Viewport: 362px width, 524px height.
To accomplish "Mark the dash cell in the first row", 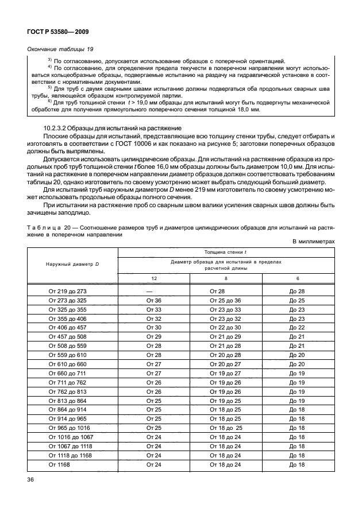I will click(x=153, y=292).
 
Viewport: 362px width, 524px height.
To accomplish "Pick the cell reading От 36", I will click(x=153, y=300).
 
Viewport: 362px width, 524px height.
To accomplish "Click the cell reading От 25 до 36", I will click(x=225, y=300).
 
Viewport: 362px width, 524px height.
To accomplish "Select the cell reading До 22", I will click(x=297, y=327).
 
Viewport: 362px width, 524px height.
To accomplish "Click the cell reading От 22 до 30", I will click(x=225, y=327).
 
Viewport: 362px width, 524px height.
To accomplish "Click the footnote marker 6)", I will click(x=50, y=101).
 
